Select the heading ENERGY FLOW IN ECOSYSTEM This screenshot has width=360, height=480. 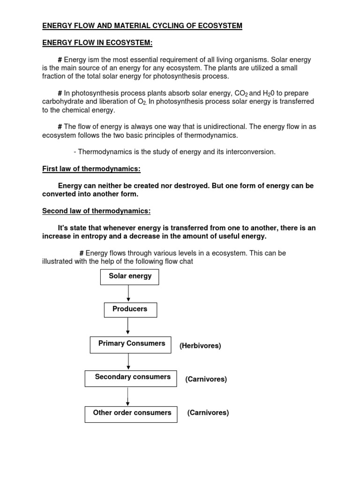point(97,43)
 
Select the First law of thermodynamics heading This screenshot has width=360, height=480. point(91,169)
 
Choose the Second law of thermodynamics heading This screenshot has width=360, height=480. point(96,211)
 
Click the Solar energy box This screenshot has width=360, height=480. point(130,277)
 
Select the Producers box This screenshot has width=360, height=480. point(130,309)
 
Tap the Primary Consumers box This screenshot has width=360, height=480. point(131,344)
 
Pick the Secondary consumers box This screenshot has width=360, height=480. point(131,378)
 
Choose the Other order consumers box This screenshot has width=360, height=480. point(131,413)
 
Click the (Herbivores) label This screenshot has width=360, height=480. point(200,345)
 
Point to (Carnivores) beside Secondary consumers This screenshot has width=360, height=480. point(206,379)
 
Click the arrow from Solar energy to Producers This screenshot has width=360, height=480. point(128,293)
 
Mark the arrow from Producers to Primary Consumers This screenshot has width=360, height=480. point(128,327)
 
